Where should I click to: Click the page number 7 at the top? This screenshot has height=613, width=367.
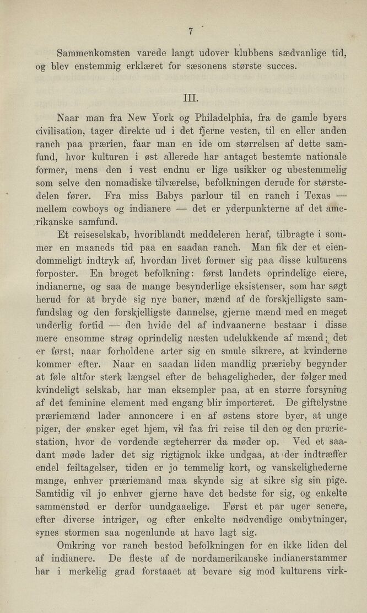tap(189, 31)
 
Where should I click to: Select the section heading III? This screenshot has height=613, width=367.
tap(189, 99)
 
